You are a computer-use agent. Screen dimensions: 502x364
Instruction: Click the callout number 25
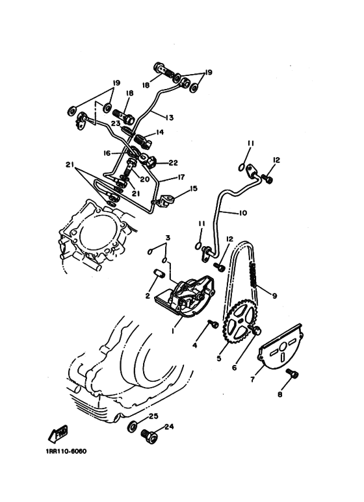[153, 416]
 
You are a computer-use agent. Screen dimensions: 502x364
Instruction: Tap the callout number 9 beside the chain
[274, 296]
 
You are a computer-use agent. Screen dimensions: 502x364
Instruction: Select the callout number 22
[173, 163]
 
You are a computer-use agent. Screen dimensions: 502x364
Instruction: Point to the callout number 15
[193, 190]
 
